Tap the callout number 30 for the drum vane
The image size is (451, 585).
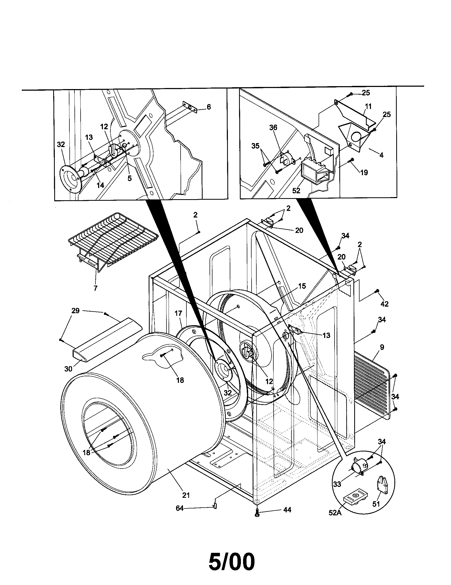68,369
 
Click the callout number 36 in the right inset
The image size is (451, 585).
273,128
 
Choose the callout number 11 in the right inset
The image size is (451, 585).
368,107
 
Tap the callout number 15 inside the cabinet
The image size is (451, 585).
302,286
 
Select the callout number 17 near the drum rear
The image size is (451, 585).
178,313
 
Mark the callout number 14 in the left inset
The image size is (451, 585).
100,185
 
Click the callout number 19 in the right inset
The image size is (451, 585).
364,173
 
